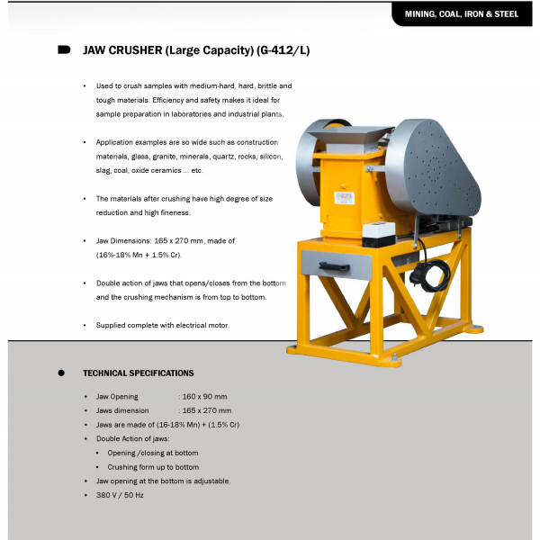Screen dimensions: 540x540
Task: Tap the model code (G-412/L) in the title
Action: pos(279,50)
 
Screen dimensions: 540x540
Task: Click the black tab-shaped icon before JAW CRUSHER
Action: pos(64,49)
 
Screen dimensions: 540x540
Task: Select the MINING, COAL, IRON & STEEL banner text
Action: pos(462,14)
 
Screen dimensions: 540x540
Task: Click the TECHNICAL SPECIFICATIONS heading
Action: pos(138,373)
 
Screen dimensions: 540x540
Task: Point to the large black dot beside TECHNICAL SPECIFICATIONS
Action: pos(61,373)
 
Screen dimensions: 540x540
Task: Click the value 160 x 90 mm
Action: pos(203,396)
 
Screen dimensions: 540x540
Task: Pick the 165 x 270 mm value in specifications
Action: pos(206,410)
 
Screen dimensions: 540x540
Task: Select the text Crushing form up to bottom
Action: pos(153,467)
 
